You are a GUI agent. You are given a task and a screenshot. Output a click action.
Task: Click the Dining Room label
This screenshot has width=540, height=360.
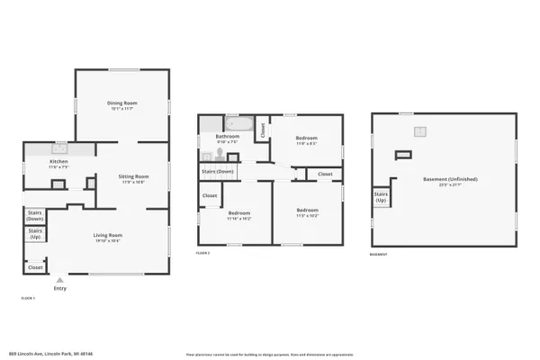click(x=120, y=103)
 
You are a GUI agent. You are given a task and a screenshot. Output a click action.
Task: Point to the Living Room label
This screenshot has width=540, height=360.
click(x=107, y=236)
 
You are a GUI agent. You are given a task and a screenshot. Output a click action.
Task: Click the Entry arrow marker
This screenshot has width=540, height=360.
click(x=59, y=280)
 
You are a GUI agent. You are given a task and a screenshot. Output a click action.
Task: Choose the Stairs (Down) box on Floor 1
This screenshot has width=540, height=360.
click(x=35, y=216)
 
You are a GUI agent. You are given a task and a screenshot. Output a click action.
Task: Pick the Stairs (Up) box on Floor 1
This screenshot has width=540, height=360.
click(x=35, y=234)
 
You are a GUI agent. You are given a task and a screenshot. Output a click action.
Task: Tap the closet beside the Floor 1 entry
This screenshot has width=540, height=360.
click(x=35, y=267)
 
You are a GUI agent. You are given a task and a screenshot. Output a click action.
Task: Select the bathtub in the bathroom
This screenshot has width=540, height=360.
click(x=239, y=124)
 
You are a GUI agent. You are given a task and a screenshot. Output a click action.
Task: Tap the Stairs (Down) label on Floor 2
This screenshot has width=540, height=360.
click(x=218, y=171)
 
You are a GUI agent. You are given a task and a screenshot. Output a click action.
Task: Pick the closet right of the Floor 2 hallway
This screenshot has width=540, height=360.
click(x=324, y=174)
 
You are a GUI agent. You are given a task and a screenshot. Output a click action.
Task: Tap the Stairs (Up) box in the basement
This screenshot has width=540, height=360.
click(x=381, y=196)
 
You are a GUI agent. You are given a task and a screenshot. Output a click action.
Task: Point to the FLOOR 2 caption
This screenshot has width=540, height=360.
click(x=202, y=253)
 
